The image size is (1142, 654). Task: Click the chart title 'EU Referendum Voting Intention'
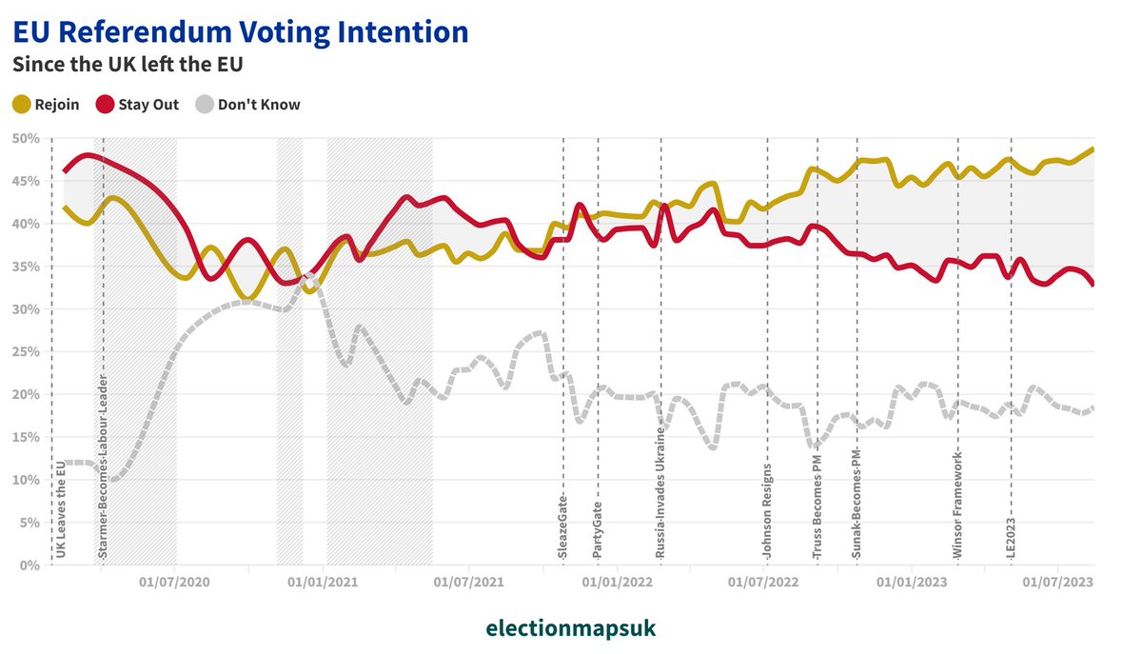240,32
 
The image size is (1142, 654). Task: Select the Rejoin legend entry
46,105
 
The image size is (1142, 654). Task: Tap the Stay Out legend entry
137,105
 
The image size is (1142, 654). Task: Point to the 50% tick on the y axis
25,139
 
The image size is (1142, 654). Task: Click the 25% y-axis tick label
25,352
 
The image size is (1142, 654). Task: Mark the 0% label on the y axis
29,565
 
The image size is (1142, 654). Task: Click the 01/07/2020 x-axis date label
174,581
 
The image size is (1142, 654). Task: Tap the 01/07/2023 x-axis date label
1055,581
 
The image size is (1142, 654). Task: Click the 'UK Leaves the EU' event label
61,508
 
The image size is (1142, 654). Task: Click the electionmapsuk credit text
571,629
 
